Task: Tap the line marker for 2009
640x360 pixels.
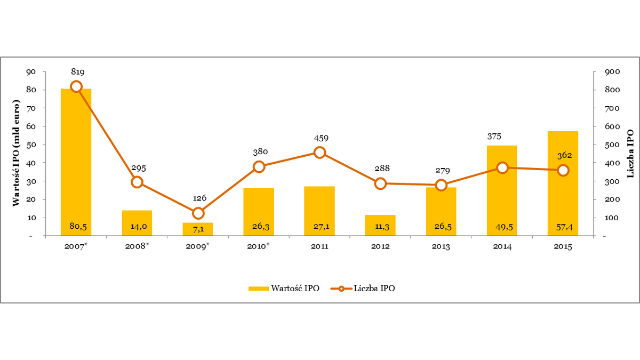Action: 198,213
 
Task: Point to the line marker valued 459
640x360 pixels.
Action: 320,153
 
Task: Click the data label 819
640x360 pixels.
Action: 77,72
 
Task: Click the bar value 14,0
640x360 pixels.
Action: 138,226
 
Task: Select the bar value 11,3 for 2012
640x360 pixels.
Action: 381,226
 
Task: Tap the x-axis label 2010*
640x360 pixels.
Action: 260,247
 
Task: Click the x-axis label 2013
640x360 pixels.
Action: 442,247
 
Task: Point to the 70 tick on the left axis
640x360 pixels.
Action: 32,108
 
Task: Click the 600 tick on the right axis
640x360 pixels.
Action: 609,126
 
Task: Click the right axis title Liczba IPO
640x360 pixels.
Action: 630,153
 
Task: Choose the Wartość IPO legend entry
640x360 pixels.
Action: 284,289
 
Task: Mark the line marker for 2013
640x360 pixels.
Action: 441,186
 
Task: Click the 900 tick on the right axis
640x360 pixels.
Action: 609,71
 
